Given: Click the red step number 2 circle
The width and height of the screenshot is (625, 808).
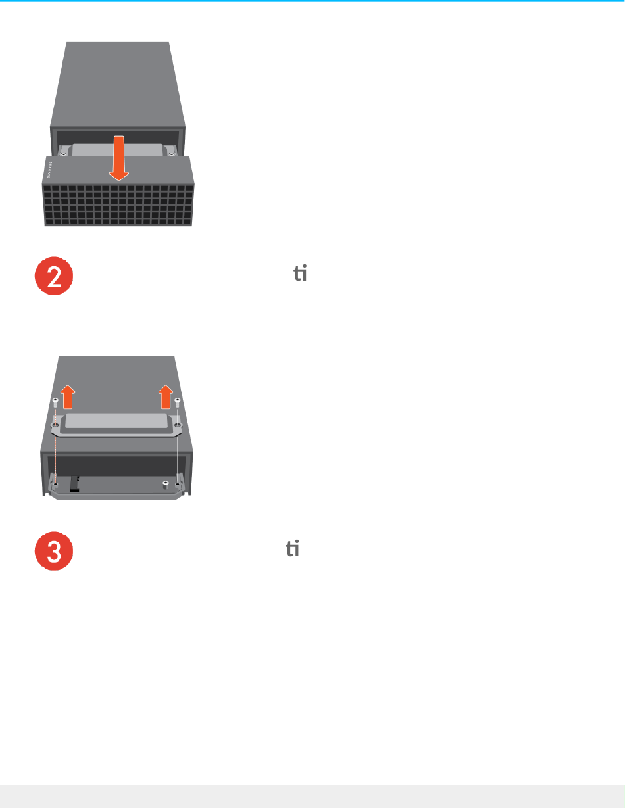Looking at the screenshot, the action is (x=53, y=279).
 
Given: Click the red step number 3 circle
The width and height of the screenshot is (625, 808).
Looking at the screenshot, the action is (x=53, y=551).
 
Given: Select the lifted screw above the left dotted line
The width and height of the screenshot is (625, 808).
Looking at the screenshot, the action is (x=57, y=402).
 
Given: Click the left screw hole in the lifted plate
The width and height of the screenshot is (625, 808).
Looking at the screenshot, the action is (x=57, y=426).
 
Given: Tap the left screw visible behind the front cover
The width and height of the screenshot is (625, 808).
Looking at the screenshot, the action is (x=63, y=155).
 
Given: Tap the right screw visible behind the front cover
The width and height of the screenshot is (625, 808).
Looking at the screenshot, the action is (x=172, y=154).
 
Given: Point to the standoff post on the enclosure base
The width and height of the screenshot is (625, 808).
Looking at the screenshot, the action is (x=165, y=485).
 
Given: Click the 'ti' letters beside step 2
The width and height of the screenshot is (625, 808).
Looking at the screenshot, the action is (x=300, y=274).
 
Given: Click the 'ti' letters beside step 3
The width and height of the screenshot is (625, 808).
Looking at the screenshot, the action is (x=291, y=547).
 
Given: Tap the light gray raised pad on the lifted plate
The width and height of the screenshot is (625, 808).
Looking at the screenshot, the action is (x=117, y=421).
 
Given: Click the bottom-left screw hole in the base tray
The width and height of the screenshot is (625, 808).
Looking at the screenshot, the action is (x=57, y=485).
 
